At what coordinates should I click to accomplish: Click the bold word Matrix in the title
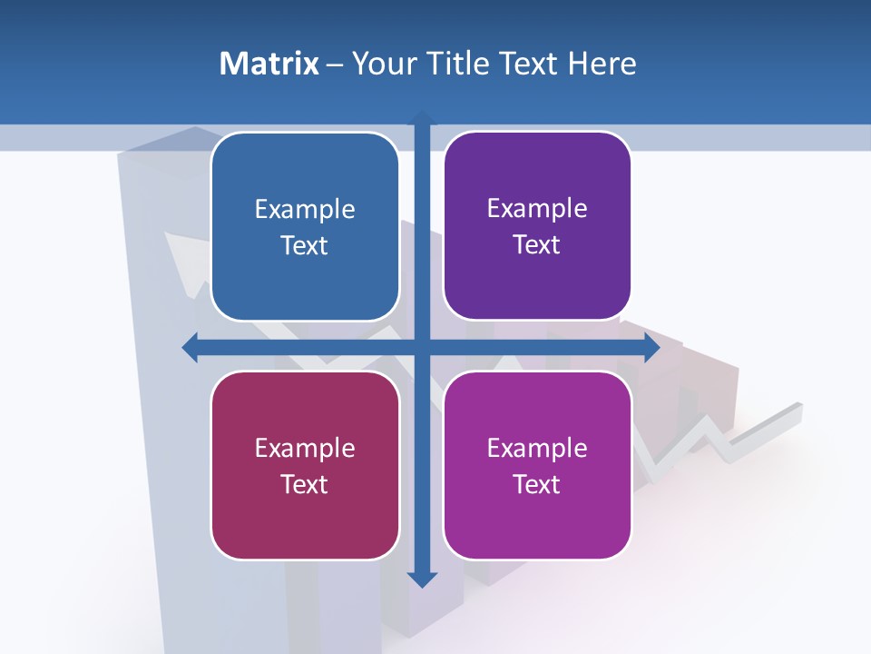(269, 64)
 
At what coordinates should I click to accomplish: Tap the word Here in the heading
(602, 64)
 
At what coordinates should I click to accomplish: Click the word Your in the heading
(383, 64)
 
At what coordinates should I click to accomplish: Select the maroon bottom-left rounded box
(305, 518)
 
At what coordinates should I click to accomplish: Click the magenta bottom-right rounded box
(537, 518)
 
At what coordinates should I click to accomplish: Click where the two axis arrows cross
(422, 347)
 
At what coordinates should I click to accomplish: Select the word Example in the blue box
(305, 210)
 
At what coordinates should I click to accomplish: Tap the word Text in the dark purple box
(537, 245)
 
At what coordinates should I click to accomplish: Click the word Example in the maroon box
(305, 448)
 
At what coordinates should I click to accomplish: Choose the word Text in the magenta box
(537, 484)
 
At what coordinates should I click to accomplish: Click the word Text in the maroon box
(305, 484)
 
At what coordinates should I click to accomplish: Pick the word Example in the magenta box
(537, 448)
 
